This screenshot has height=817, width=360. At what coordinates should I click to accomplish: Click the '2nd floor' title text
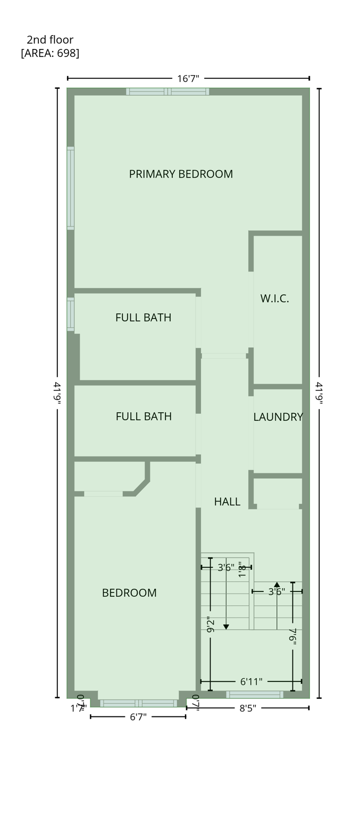[x=50, y=39]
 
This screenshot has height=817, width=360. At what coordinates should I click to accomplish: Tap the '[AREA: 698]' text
[x=50, y=53]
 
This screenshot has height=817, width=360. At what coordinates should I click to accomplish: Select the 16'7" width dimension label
[x=188, y=79]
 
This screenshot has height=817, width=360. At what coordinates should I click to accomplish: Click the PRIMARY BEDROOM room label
[x=181, y=174]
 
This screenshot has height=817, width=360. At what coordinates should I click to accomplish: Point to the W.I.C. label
[x=274, y=298]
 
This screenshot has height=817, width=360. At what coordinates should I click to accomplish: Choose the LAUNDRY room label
[x=278, y=417]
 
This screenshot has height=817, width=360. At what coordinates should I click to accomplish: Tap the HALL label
[x=227, y=502]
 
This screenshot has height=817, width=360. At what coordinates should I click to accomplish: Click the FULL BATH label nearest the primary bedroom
[x=143, y=318]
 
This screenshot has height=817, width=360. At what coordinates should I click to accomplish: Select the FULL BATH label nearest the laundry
[x=144, y=416]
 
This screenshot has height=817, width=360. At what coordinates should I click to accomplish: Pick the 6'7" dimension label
[x=138, y=717]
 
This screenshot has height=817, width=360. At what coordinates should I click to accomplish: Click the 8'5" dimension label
[x=247, y=708]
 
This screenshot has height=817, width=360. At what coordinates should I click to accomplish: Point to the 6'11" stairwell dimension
[x=251, y=681]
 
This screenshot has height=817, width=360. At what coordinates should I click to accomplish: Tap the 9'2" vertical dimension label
[x=210, y=624]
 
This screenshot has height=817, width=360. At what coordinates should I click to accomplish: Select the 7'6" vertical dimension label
[x=292, y=636]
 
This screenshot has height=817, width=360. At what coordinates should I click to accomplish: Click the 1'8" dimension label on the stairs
[x=242, y=570]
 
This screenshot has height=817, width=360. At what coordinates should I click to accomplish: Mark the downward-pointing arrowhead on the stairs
[x=226, y=627]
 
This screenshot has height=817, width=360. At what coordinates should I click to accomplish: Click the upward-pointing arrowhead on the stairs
[x=277, y=585]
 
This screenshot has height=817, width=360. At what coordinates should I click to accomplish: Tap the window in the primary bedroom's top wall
[x=168, y=91]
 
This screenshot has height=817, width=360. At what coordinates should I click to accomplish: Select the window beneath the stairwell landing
[x=254, y=694]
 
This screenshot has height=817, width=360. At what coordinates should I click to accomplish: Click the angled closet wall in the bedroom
[x=142, y=488]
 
